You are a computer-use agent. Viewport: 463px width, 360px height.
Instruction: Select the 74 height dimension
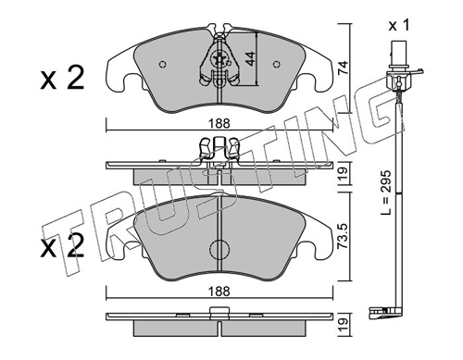point(343,68)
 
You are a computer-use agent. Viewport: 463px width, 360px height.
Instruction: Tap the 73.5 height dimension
point(343,236)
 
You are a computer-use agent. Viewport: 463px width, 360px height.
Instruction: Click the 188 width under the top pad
point(219,124)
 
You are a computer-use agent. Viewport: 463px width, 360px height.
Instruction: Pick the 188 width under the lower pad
point(219,292)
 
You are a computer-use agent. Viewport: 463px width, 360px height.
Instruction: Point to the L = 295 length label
point(386,192)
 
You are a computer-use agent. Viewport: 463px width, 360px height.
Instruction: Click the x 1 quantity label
point(399,26)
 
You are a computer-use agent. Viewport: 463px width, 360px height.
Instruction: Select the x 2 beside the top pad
point(62,78)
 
